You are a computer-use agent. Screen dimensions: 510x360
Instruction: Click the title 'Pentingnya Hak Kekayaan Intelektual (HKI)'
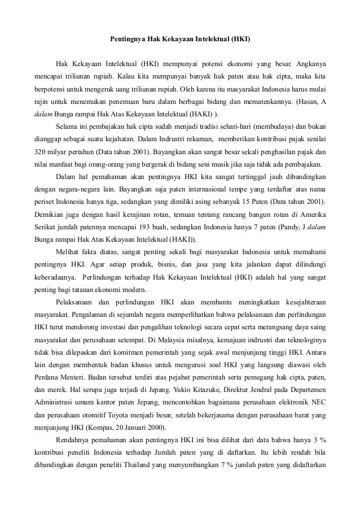(180, 41)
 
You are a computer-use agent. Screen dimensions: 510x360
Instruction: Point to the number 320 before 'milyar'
(39, 152)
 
